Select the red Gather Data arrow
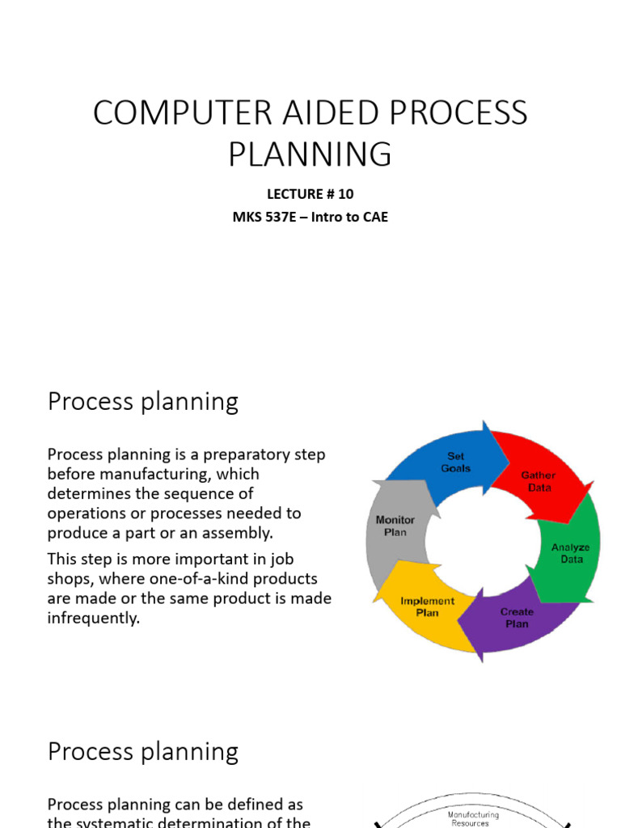coord(537,480)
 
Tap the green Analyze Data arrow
coord(570,553)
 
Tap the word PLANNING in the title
coord(310,154)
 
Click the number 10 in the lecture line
coord(345,194)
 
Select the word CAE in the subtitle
coord(373,217)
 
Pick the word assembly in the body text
coord(240,533)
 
